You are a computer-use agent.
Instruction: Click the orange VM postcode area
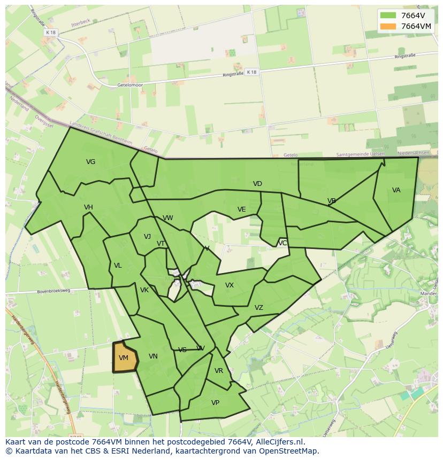click(x=124, y=357)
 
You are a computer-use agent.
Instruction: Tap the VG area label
click(x=91, y=162)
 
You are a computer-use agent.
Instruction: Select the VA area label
click(x=396, y=190)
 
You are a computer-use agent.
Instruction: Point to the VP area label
click(x=215, y=403)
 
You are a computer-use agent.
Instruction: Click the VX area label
click(x=230, y=285)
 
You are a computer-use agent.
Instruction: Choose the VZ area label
click(x=259, y=308)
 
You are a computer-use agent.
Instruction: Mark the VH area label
click(x=88, y=207)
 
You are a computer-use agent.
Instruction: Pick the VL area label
click(x=118, y=266)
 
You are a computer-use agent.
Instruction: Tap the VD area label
click(x=257, y=184)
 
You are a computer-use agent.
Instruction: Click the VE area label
click(x=241, y=209)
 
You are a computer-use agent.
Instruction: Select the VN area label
click(x=153, y=356)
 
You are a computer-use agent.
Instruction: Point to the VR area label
click(x=218, y=371)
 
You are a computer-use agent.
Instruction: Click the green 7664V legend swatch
click(x=388, y=15)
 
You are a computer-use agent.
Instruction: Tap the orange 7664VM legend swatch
click(x=388, y=26)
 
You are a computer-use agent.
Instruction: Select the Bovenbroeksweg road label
click(x=54, y=291)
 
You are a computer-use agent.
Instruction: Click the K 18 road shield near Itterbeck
click(x=51, y=33)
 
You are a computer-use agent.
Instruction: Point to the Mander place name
click(x=430, y=293)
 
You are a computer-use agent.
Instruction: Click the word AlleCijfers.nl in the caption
click(x=279, y=442)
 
